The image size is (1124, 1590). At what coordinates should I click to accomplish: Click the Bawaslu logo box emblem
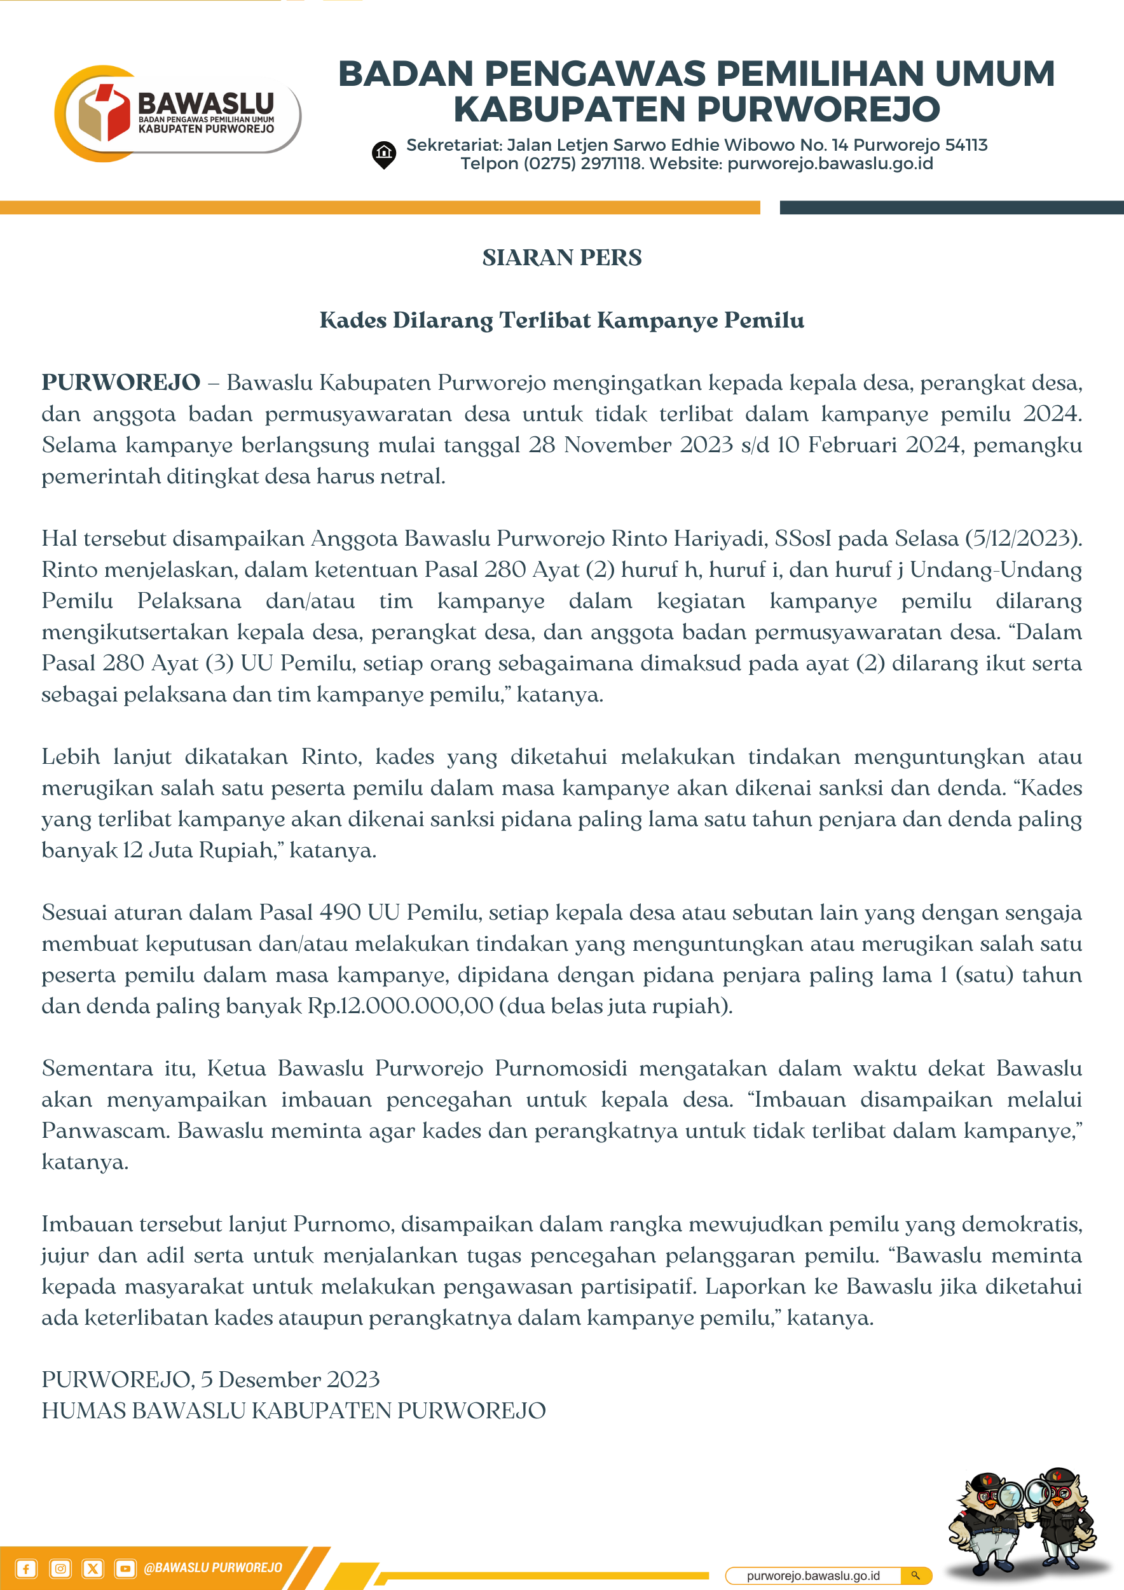[x=104, y=112]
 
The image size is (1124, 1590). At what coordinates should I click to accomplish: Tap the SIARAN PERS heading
[x=561, y=258]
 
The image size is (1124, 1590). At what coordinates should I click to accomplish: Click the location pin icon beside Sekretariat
[x=383, y=154]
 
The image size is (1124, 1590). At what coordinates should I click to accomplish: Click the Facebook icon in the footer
[x=26, y=1568]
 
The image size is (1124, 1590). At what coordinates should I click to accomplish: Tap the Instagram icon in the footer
[x=60, y=1568]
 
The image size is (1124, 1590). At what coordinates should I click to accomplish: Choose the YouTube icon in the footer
[x=125, y=1568]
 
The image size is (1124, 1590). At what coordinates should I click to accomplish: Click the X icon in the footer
[x=93, y=1568]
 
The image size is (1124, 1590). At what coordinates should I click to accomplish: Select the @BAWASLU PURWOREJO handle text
[x=212, y=1568]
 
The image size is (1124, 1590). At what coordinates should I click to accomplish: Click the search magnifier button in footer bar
[x=915, y=1575]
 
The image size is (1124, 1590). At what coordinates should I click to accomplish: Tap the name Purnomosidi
[x=561, y=1068]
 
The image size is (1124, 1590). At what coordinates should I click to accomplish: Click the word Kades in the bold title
[x=352, y=320]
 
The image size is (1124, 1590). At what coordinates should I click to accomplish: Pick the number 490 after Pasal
[x=340, y=912]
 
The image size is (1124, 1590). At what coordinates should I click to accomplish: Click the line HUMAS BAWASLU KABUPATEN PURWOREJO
[x=294, y=1411]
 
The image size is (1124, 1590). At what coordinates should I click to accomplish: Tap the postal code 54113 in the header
[x=966, y=145]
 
